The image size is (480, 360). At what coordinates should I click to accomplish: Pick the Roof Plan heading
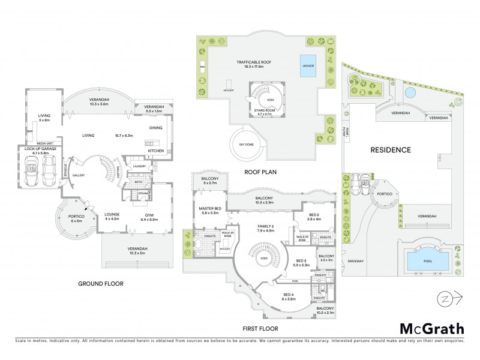[x=259, y=172]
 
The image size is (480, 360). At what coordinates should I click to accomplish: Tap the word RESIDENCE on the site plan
[x=390, y=150]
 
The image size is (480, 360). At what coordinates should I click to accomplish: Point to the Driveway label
[x=356, y=261]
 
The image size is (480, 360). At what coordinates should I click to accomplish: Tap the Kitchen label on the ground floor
[x=155, y=151]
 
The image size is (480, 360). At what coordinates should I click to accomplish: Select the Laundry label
[x=139, y=166]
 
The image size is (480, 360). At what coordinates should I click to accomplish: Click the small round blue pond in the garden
[x=409, y=93]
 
